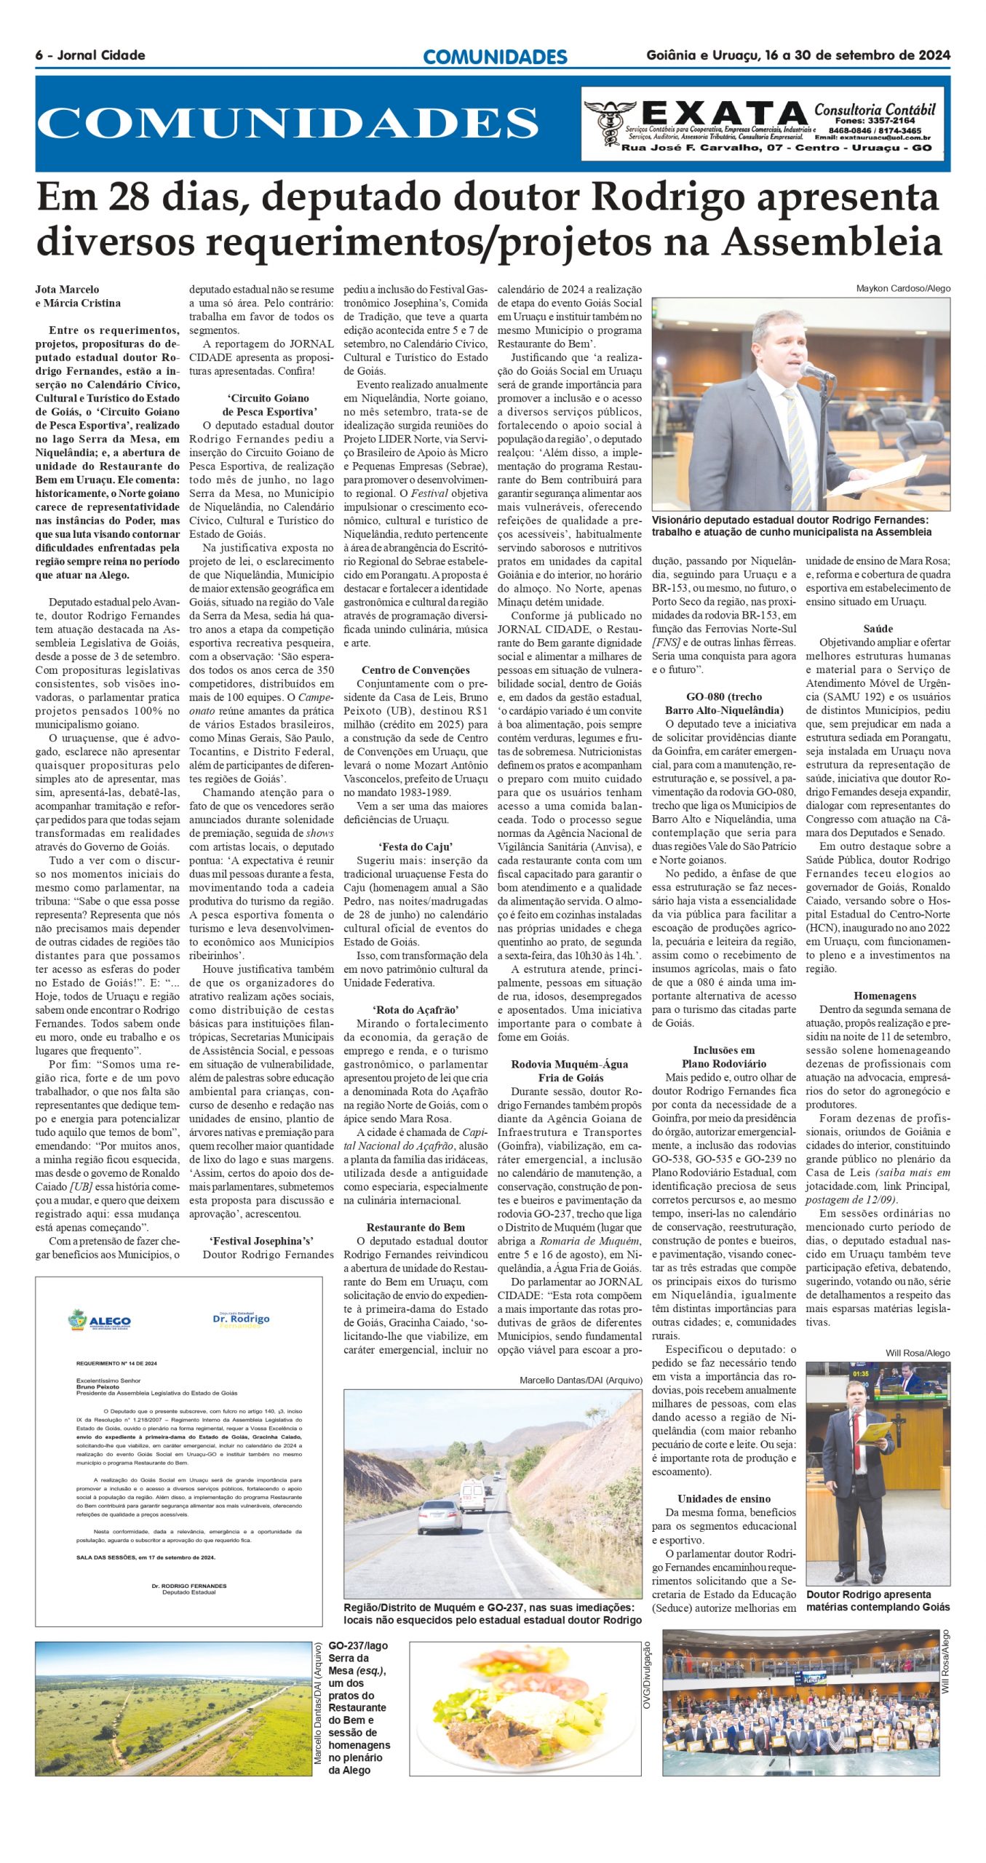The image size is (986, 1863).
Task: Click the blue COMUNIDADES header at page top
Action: pos(495,57)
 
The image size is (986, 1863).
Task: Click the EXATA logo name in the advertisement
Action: pos(724,114)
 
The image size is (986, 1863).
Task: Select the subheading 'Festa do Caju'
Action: pos(416,846)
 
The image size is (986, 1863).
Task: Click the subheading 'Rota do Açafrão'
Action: pos(416,1010)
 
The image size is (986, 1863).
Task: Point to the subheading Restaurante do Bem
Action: pos(416,1228)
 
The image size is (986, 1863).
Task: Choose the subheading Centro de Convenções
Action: pos(416,670)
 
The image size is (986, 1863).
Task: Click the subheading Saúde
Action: pos(878,629)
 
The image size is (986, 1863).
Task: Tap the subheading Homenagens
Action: pos(885,996)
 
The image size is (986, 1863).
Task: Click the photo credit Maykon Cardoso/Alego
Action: pos(903,289)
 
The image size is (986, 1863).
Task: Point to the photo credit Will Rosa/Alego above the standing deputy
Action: pos(918,1353)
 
